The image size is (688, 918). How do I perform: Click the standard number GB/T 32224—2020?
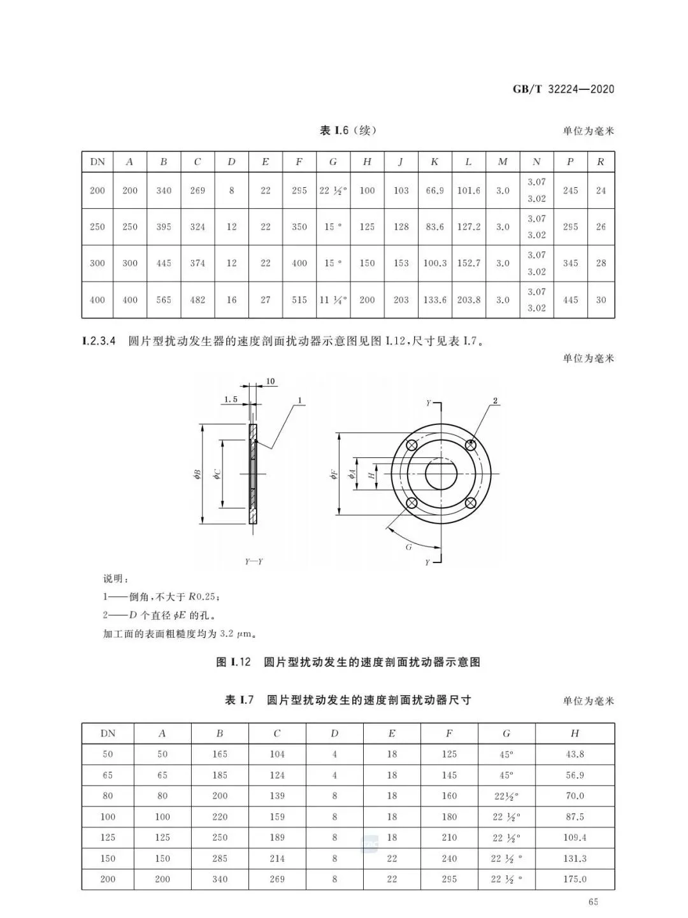click(x=563, y=89)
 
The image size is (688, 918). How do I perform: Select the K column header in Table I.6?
click(x=434, y=162)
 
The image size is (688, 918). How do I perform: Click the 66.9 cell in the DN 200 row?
click(x=434, y=190)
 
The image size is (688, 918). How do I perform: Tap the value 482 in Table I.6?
click(x=197, y=299)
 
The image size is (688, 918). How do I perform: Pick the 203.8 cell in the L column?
click(x=468, y=299)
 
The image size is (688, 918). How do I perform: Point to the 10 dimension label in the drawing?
click(x=270, y=381)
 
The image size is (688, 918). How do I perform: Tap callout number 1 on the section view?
click(x=299, y=401)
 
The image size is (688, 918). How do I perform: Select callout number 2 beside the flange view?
click(x=495, y=401)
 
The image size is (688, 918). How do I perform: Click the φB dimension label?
click(x=197, y=474)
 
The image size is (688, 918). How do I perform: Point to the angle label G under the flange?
click(x=408, y=547)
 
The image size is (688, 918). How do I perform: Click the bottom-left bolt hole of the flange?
click(x=412, y=503)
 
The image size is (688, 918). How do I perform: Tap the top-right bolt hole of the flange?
click(x=471, y=445)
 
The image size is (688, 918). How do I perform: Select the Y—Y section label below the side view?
click(x=254, y=562)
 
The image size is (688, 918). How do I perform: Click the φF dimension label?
click(x=333, y=474)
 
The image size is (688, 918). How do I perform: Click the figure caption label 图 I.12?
click(x=235, y=662)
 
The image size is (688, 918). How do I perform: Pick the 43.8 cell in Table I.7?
click(x=574, y=754)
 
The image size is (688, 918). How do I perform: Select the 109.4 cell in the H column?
click(x=574, y=837)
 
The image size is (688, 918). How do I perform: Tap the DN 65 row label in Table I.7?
click(x=108, y=775)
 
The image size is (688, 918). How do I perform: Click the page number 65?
click(x=593, y=901)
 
